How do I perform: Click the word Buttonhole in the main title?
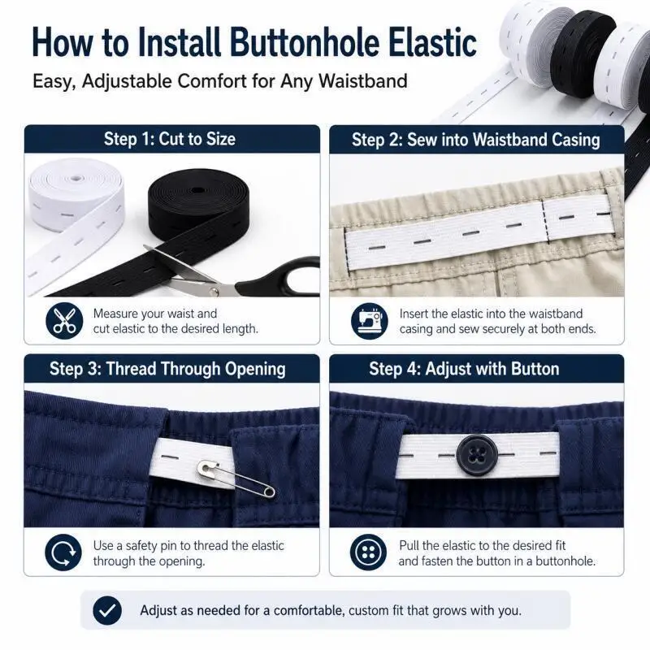(x=304, y=42)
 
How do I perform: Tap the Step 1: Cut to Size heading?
(x=170, y=139)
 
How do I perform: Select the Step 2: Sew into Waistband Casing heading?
(x=476, y=140)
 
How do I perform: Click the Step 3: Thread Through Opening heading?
(x=167, y=369)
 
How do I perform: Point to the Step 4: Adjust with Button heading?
(x=464, y=369)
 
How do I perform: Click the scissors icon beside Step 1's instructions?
(x=64, y=321)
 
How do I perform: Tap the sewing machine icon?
(x=370, y=321)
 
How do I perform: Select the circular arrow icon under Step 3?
(x=63, y=552)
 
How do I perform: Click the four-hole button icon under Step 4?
(x=368, y=552)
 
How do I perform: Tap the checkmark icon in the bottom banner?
(x=107, y=610)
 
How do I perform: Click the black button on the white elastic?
(x=477, y=455)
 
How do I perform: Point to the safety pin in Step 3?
(x=236, y=479)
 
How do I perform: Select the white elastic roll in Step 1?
(x=76, y=194)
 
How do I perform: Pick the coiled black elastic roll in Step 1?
(x=198, y=203)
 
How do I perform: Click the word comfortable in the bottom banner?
(x=309, y=610)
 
